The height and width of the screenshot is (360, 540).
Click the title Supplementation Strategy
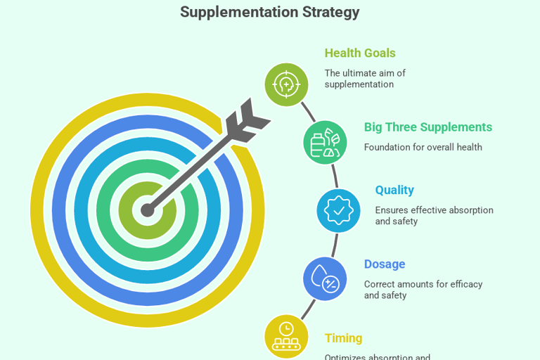click(x=269, y=12)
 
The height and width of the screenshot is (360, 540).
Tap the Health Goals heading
click(x=359, y=53)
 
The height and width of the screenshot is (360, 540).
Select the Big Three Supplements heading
click(x=427, y=127)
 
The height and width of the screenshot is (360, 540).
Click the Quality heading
click(x=394, y=190)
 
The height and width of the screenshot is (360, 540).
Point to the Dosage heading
click(x=384, y=264)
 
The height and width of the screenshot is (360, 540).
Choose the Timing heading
click(x=342, y=338)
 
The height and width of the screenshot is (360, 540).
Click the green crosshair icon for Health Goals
click(x=286, y=84)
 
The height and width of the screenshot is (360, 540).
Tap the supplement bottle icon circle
click(x=325, y=143)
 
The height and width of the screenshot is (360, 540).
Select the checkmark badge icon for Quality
click(x=338, y=210)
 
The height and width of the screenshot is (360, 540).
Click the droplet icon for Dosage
click(x=324, y=278)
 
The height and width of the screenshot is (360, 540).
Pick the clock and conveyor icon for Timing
click(x=286, y=336)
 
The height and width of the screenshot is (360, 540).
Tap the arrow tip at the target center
click(x=148, y=210)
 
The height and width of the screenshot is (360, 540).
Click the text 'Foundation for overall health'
click(x=423, y=148)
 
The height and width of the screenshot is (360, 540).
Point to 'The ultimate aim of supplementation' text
click(x=364, y=79)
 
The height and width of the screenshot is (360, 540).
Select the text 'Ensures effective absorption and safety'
click(x=434, y=216)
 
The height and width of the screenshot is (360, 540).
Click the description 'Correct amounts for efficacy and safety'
click(x=423, y=290)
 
